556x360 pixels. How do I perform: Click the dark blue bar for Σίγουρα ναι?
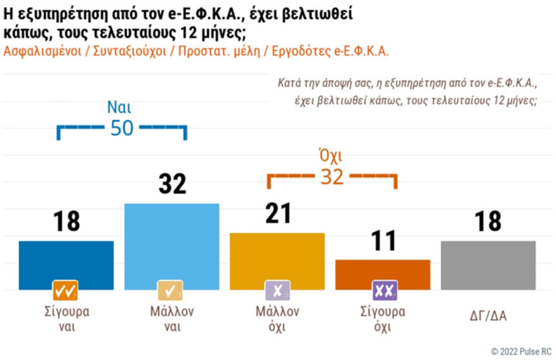coord(66,265)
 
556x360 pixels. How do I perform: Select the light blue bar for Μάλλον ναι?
coord(172,246)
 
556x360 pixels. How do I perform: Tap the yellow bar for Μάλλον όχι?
coord(277,261)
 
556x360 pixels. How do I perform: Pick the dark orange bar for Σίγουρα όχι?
coord(382,274)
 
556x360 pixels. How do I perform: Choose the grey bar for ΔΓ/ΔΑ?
coord(488,265)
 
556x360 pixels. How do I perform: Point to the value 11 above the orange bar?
coord(382,241)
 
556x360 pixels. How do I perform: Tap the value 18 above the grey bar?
coord(488,222)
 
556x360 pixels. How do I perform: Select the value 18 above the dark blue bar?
coord(66,222)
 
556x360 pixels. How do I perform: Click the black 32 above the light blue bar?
coord(172,184)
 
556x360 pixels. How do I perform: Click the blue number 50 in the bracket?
coord(122,128)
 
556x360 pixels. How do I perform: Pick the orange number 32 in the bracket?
coord(332,177)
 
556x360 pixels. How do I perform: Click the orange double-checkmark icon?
coord(66,291)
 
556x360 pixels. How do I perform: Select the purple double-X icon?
coord(382,291)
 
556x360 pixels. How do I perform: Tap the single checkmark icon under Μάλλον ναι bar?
coord(172,291)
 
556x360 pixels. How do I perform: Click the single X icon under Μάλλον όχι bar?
coord(277,291)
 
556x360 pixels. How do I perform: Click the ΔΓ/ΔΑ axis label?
coord(488,316)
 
